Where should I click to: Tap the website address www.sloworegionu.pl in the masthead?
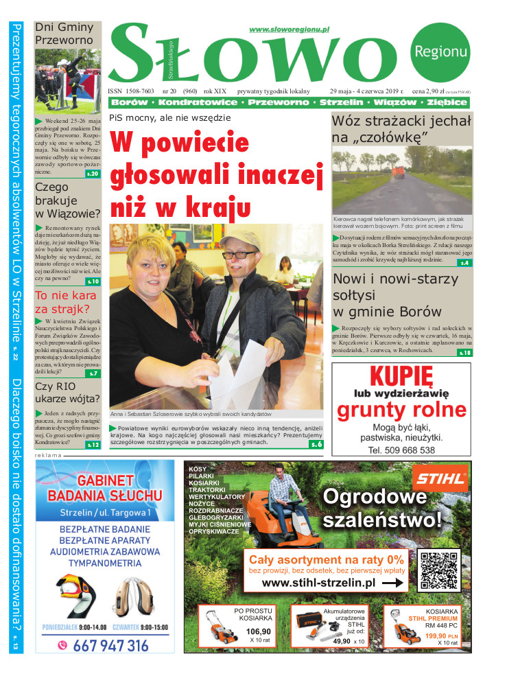[289, 30]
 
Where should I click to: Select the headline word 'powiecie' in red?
[180, 143]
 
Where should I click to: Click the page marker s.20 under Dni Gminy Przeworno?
[93, 174]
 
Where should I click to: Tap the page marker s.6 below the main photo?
[316, 444]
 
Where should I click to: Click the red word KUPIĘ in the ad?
[401, 376]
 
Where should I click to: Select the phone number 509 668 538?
[401, 450]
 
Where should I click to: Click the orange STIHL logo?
[439, 476]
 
